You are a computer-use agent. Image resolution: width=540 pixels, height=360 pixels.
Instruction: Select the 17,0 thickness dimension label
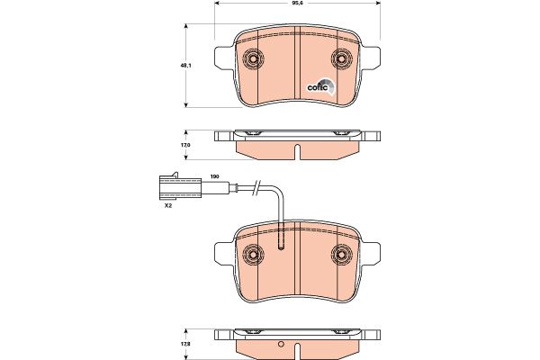pyautogui.click(x=185, y=145)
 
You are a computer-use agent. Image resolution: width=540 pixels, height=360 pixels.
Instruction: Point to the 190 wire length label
pyautogui.click(x=215, y=176)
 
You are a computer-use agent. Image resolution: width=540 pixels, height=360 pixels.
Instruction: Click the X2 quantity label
pyautogui.click(x=168, y=206)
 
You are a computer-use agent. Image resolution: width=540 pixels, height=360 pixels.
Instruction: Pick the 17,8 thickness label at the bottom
pyautogui.click(x=185, y=344)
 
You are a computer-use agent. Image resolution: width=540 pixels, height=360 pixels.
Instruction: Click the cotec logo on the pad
pyautogui.click(x=321, y=86)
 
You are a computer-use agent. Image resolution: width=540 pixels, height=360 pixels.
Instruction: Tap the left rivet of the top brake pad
pyautogui.click(x=253, y=58)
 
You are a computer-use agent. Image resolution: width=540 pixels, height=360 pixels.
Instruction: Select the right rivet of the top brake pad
pyautogui.click(x=342, y=58)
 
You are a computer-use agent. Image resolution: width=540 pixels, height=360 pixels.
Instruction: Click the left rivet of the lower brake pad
pyautogui.click(x=253, y=255)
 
